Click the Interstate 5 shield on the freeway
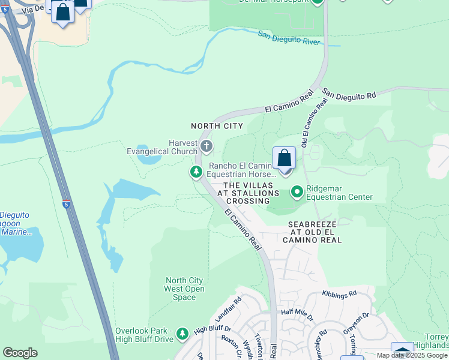click(x=67, y=204)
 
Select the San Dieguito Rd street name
click(x=349, y=95)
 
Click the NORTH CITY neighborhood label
click(x=217, y=126)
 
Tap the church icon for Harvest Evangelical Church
click(x=206, y=146)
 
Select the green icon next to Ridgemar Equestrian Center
click(x=297, y=192)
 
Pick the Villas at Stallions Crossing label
click(x=252, y=193)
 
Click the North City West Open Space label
click(x=184, y=289)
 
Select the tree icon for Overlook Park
click(x=182, y=332)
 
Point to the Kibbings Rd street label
click(x=339, y=293)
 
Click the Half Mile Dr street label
click(x=297, y=312)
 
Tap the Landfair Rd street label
click(x=228, y=308)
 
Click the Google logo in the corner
click(x=20, y=352)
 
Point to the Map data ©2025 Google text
click(x=412, y=355)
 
